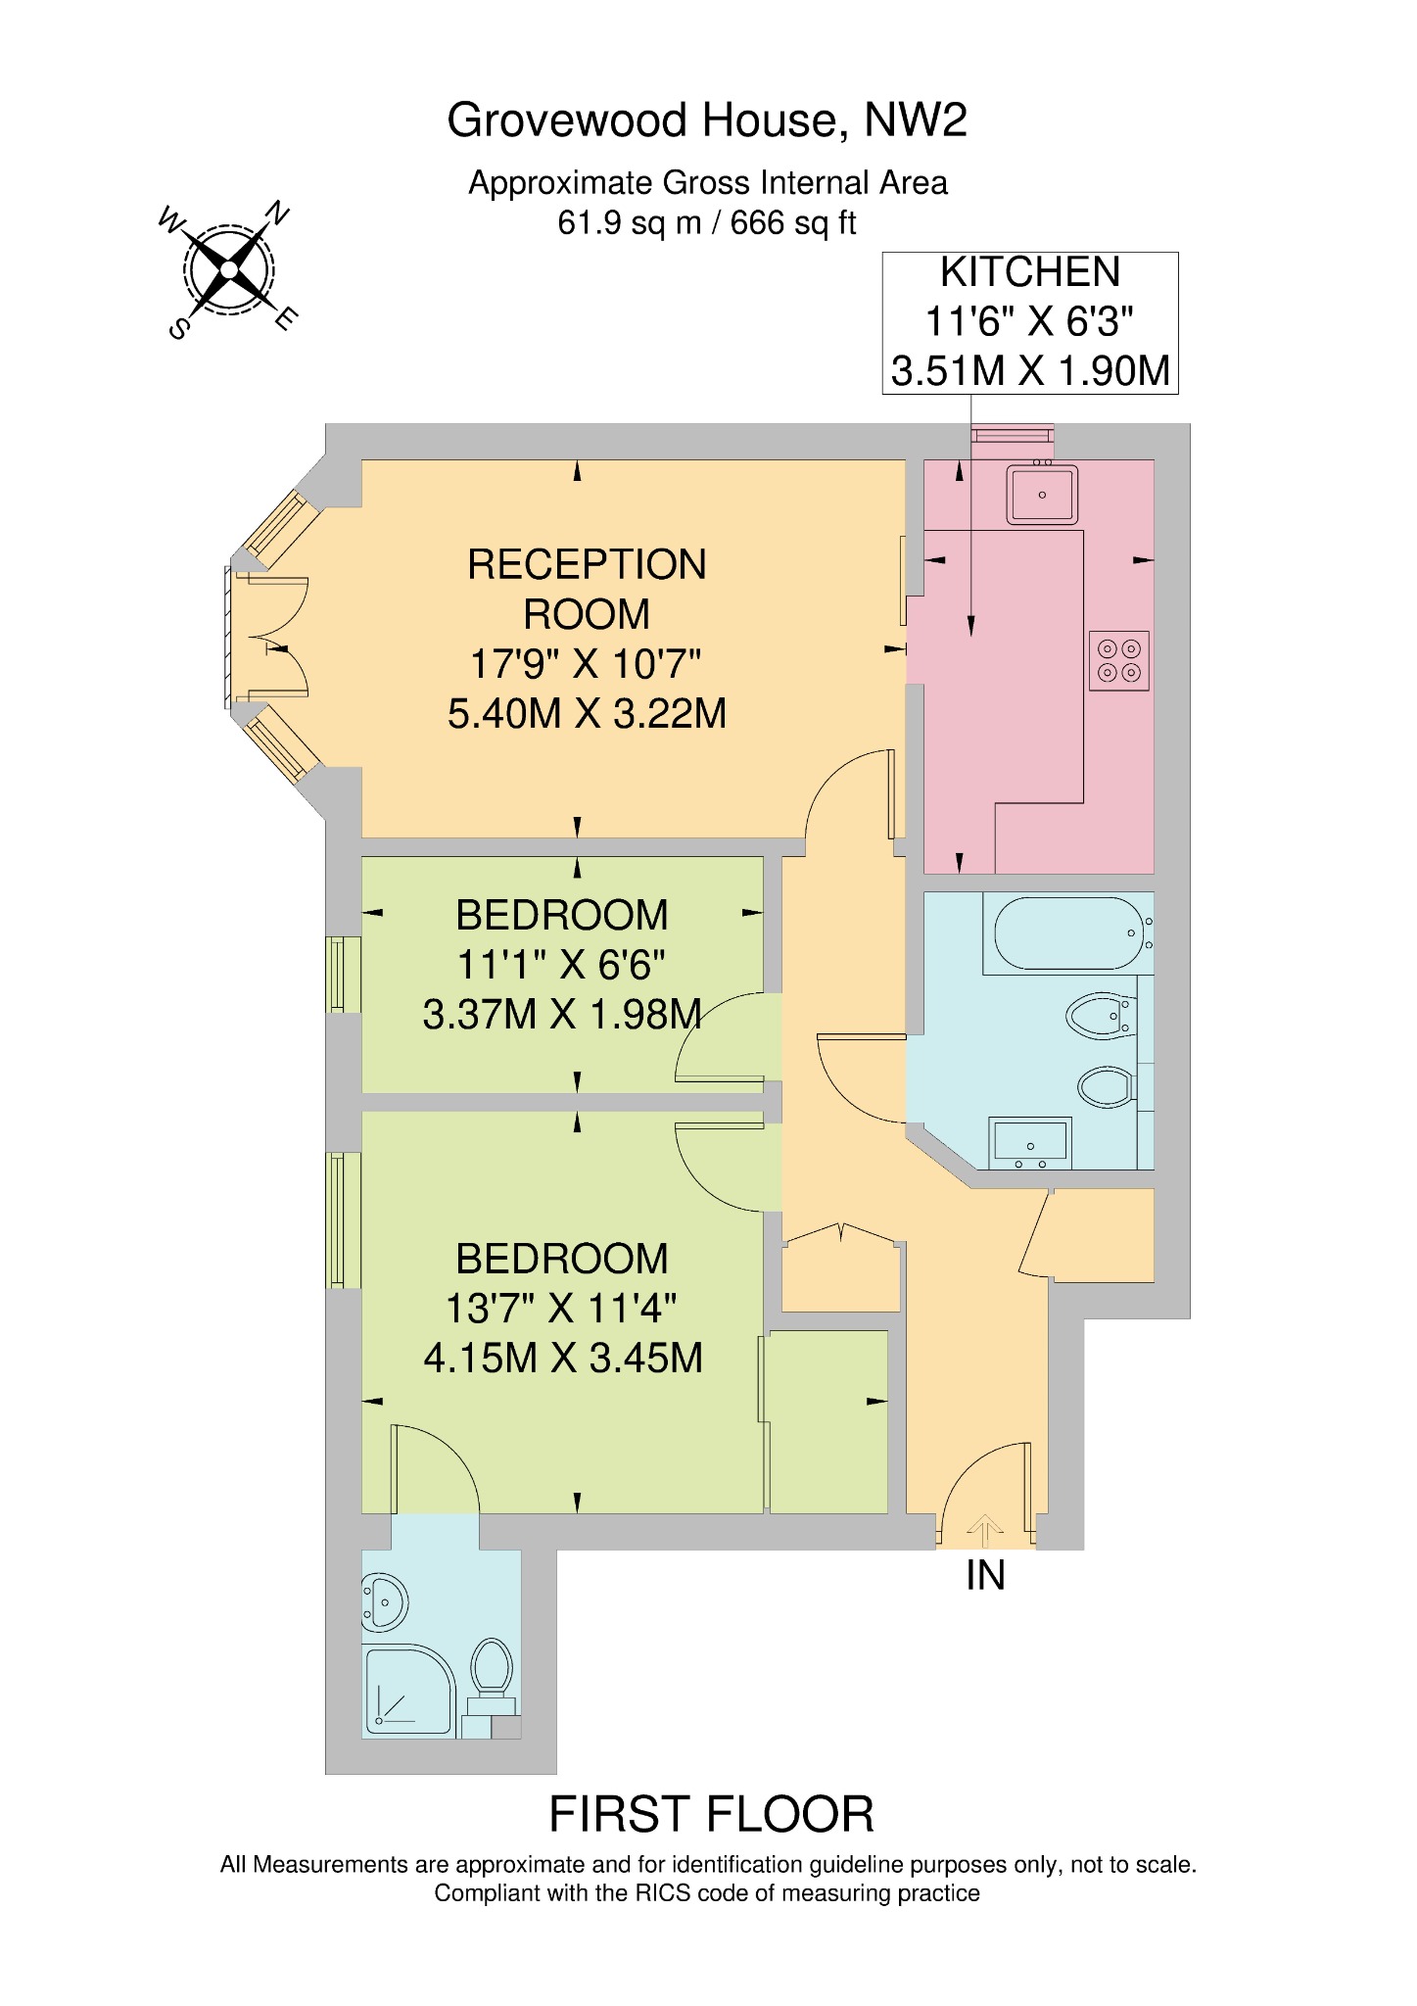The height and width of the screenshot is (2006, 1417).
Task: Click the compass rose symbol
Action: click(x=229, y=269)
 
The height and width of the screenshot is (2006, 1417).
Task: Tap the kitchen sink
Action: click(x=1043, y=494)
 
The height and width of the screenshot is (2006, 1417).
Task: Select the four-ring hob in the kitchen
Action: click(x=1119, y=660)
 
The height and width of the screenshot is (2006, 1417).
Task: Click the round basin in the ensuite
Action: click(x=384, y=1603)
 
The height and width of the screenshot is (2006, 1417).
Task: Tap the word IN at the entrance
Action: click(x=985, y=1576)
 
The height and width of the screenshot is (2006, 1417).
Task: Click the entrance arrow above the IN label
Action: click(x=985, y=1529)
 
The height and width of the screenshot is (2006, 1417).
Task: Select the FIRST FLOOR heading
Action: click(x=711, y=1815)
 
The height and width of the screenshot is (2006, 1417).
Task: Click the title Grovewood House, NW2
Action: click(x=707, y=120)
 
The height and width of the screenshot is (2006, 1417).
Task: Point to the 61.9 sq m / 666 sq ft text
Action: click(x=707, y=223)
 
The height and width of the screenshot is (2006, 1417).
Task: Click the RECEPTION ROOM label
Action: click(x=587, y=589)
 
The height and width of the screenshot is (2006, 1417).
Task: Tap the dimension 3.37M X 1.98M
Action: click(x=562, y=1015)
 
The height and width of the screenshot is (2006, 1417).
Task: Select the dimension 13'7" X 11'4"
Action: click(x=562, y=1309)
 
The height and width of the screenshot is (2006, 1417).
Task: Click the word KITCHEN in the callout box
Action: click(x=1030, y=272)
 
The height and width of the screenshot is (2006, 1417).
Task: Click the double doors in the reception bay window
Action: click(x=269, y=638)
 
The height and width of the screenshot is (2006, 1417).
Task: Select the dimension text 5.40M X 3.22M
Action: click(x=587, y=714)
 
